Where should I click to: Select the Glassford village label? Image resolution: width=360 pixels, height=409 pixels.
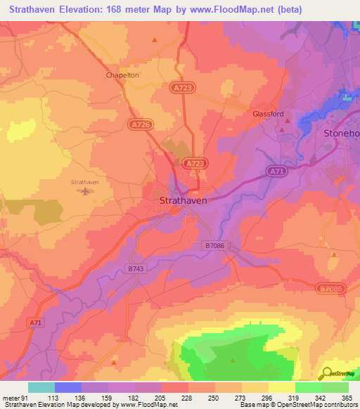click(268, 113)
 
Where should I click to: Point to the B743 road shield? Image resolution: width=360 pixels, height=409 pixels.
click(136, 268)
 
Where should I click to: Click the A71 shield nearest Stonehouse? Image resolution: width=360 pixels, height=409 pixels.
click(276, 171)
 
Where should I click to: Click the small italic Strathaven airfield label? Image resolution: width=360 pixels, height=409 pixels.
click(86, 181)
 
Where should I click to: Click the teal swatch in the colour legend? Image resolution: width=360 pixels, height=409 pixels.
click(41, 387)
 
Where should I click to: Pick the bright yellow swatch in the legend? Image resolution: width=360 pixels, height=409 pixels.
click(281, 387)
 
